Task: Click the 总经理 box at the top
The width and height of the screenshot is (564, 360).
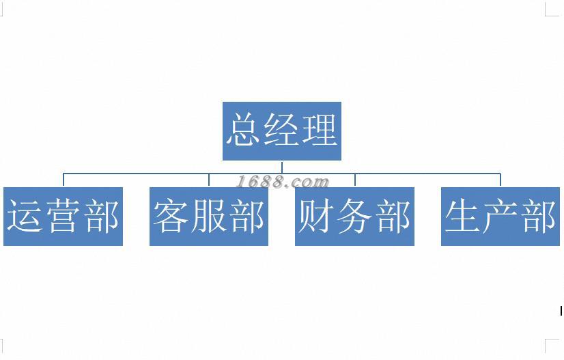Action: tap(281, 131)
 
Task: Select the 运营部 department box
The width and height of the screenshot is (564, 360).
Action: tap(63, 217)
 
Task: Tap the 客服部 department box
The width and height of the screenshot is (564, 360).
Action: tap(209, 217)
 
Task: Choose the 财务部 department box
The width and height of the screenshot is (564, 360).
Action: tap(354, 217)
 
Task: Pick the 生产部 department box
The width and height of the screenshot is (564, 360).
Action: tap(500, 217)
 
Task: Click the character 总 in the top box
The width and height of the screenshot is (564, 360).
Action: tap(244, 130)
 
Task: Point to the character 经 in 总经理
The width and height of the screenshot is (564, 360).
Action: tap(281, 130)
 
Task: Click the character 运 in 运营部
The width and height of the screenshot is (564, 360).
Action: tap(25, 217)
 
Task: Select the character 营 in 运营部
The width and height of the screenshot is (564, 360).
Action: tap(63, 217)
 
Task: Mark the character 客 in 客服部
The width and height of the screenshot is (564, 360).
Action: tap(171, 217)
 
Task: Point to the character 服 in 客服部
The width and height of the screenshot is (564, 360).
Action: tap(209, 217)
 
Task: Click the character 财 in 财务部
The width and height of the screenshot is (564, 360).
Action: tap(317, 217)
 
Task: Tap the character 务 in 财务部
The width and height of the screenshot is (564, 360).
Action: tap(354, 217)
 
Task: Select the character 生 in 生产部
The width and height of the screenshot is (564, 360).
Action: tap(463, 217)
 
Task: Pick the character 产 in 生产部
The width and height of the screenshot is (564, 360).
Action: tap(500, 217)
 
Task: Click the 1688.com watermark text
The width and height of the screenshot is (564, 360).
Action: tap(283, 182)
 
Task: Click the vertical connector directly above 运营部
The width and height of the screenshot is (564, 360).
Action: tap(64, 180)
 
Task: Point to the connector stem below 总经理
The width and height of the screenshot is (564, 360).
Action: tap(282, 167)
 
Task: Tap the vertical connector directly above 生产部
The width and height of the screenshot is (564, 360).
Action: tap(500, 180)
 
